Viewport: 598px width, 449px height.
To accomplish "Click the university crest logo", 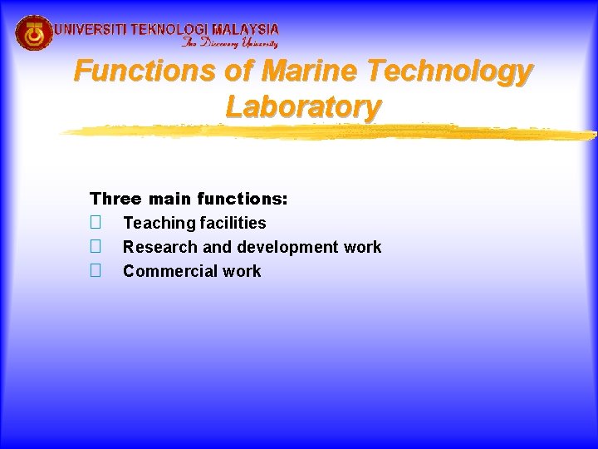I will (34, 33).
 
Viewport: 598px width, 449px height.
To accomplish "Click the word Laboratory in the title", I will (303, 106).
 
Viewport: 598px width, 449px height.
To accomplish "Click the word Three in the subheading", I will (116, 199).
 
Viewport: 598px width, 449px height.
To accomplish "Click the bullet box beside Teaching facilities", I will (96, 223).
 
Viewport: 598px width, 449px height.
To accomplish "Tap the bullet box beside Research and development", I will (96, 247).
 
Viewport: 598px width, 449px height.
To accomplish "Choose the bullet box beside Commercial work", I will (96, 271).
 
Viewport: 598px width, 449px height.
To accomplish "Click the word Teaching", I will (159, 223).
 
